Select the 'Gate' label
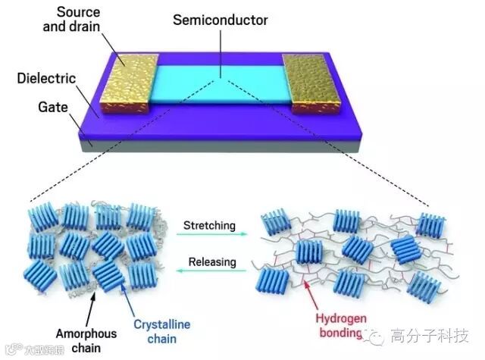[x=54, y=106]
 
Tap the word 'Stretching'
[x=208, y=225]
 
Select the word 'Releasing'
[x=209, y=262]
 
